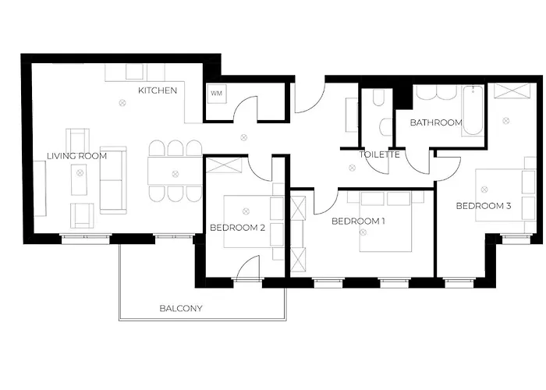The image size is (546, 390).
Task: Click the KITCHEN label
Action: pos(158,90)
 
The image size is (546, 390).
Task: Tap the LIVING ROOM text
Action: pos(77,156)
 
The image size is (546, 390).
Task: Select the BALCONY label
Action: pos(181,309)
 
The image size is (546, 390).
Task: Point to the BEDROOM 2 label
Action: pos(237,228)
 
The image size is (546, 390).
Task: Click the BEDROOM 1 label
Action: pos(358,221)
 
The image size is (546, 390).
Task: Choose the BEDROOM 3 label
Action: pos(484,206)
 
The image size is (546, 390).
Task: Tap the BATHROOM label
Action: pos(436,122)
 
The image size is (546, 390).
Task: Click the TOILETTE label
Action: pos(380,154)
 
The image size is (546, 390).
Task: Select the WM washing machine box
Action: pos(217,94)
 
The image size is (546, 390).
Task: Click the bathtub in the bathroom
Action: pos(473,111)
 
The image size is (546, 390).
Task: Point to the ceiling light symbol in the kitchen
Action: pos(122,103)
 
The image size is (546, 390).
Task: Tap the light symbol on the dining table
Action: pos(175,174)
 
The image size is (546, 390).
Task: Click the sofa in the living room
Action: pos(113,180)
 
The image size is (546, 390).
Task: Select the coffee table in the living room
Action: pos(80,179)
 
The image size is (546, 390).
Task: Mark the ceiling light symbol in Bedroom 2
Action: pos(246,211)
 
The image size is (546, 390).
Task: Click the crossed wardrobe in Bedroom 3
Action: pos(512,90)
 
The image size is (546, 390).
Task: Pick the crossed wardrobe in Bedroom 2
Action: pos(224,165)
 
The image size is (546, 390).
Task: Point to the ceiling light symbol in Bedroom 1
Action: pos(363,232)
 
